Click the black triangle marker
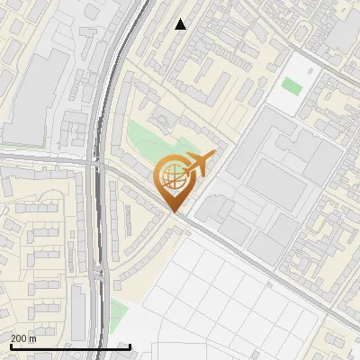(181, 24)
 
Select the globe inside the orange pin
(174, 177)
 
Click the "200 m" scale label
(22, 338)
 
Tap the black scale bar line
(70, 346)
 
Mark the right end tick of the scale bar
(130, 346)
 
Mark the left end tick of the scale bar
(10, 346)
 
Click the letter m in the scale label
(32, 338)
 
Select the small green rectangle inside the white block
(291, 85)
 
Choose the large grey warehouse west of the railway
(38, 94)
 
